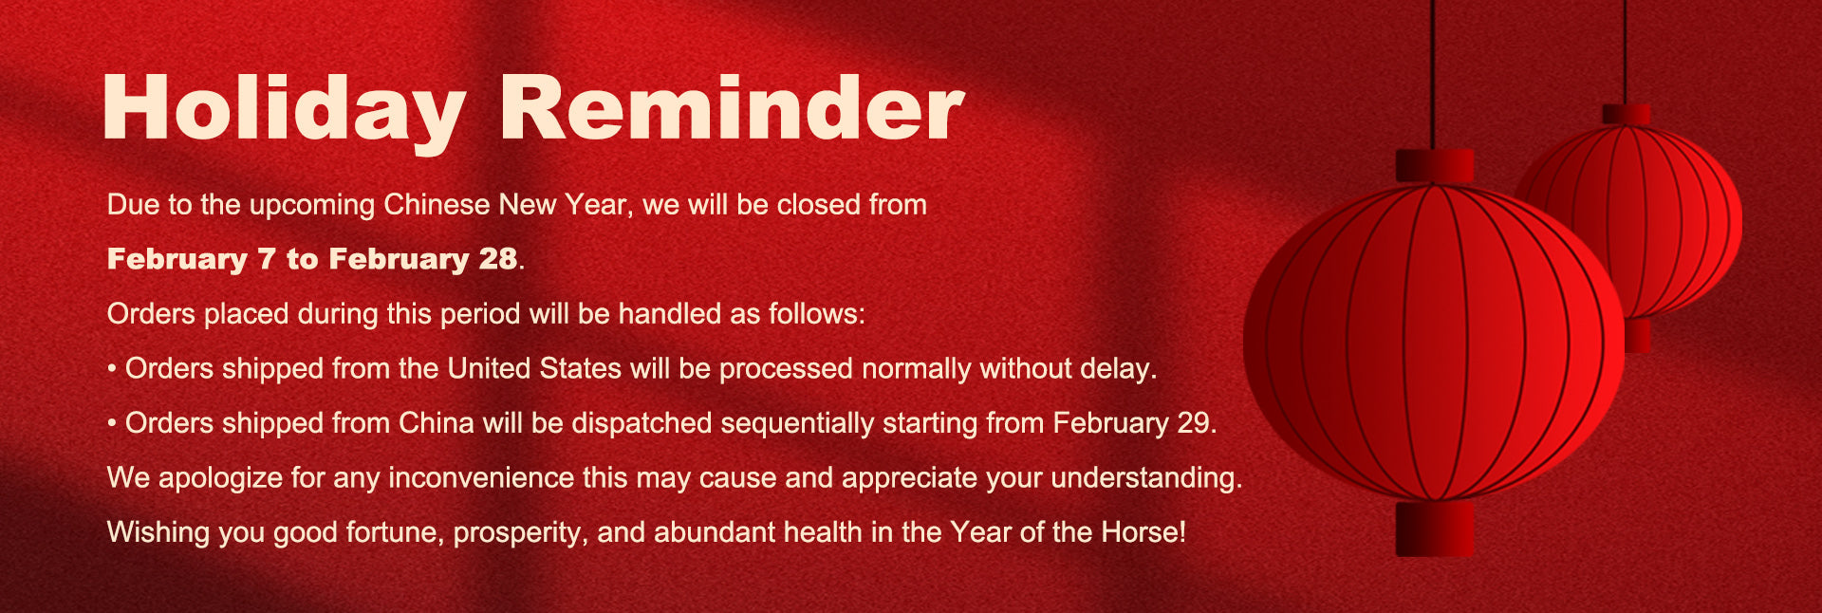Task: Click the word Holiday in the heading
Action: pyautogui.click(x=284, y=111)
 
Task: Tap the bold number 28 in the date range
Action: pyautogui.click(x=498, y=258)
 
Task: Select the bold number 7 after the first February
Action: pyautogui.click(x=267, y=259)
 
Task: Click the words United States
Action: pyautogui.click(x=534, y=368)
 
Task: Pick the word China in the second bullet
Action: pyautogui.click(x=436, y=422)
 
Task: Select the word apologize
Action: pyautogui.click(x=220, y=477)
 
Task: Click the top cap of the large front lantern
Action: pyautogui.click(x=1434, y=165)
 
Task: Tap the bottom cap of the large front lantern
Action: pyautogui.click(x=1434, y=529)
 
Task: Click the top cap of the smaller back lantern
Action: pyautogui.click(x=1627, y=115)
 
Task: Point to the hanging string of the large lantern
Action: pyautogui.click(x=1433, y=74)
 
